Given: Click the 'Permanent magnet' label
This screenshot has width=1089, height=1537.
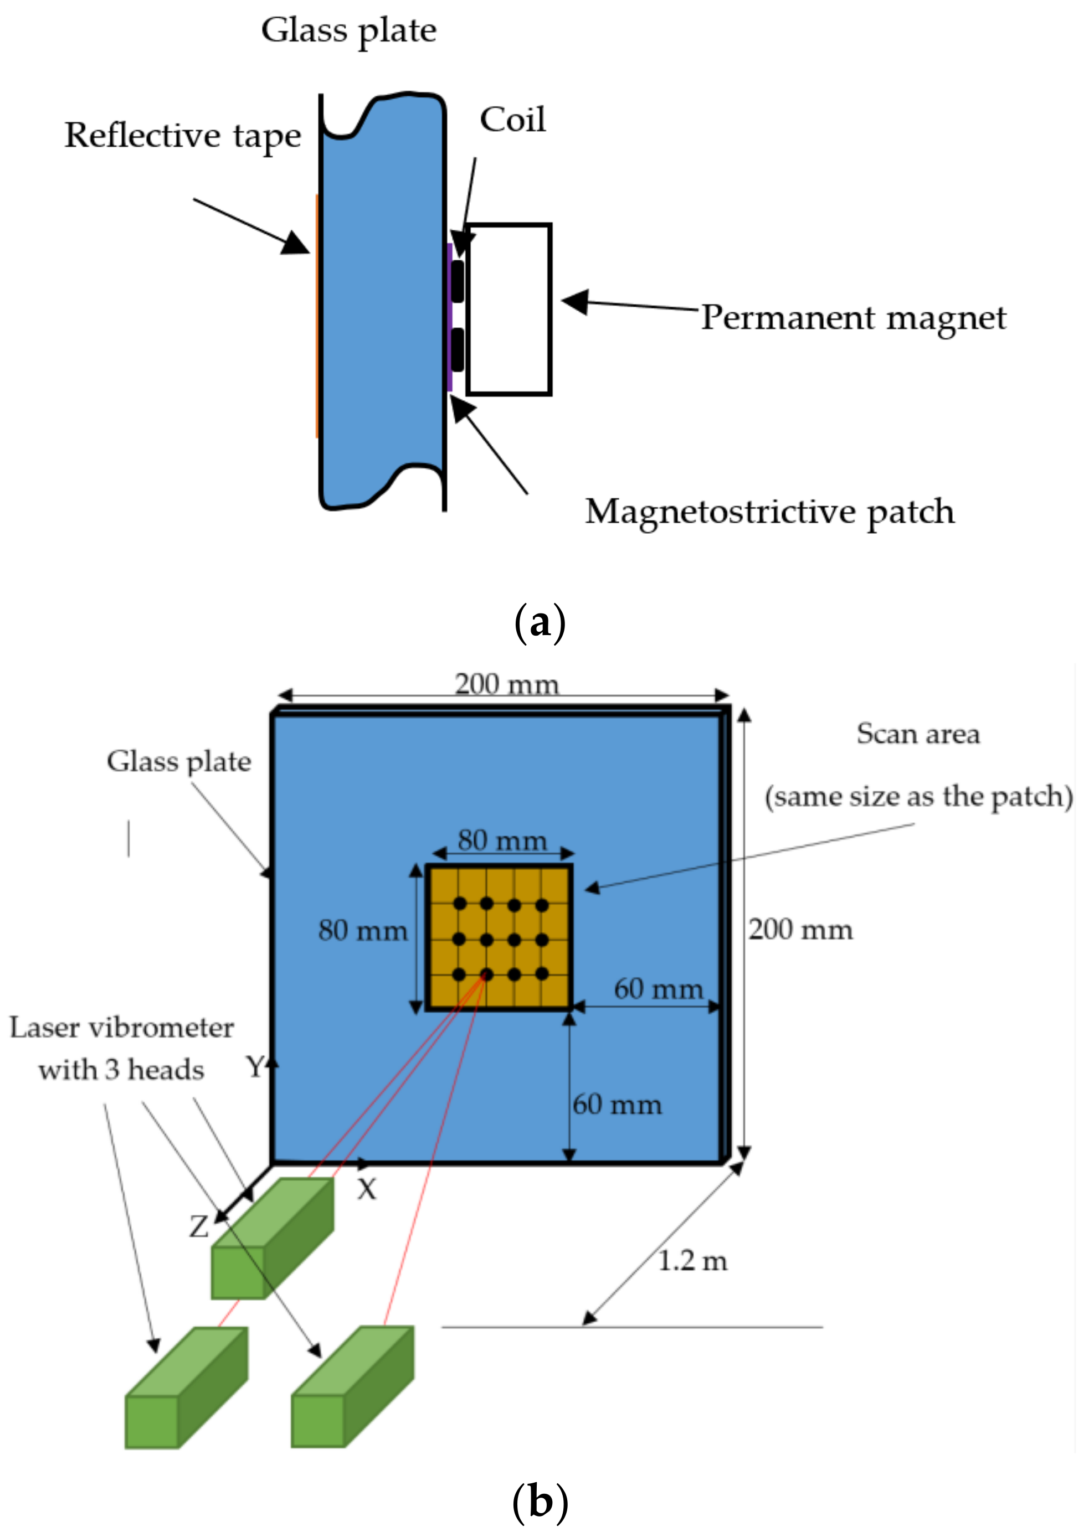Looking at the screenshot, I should click(x=853, y=318).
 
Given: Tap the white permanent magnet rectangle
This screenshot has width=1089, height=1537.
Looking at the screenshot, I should click(x=509, y=309).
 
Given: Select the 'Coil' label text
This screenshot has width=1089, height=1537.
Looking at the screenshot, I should click(x=512, y=120).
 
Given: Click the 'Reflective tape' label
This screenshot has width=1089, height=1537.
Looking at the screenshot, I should click(x=182, y=136).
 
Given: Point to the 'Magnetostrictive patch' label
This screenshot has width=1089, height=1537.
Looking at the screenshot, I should click(x=769, y=512).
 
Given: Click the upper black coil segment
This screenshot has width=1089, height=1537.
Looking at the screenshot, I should click(x=458, y=281).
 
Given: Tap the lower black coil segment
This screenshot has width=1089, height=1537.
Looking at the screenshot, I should click(x=458, y=349).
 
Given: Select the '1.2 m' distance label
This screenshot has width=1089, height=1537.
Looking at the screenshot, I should click(x=692, y=1261).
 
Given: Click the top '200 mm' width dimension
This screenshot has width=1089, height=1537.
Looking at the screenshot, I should click(x=506, y=684).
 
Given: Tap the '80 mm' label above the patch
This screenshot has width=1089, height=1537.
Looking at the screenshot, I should click(x=502, y=840).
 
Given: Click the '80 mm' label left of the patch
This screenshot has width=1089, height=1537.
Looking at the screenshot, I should click(x=363, y=930).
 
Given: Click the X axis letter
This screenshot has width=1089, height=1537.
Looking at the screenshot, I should click(x=367, y=1190).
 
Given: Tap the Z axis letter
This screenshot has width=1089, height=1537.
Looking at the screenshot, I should click(x=198, y=1226).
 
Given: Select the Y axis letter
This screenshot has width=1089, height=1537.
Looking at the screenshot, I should click(x=255, y=1066).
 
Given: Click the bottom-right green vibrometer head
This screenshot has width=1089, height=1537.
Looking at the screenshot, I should click(x=352, y=1386).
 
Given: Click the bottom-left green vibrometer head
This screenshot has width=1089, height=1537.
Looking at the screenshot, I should click(x=186, y=1388).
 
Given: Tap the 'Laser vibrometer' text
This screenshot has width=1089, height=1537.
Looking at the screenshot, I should click(x=121, y=1028).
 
